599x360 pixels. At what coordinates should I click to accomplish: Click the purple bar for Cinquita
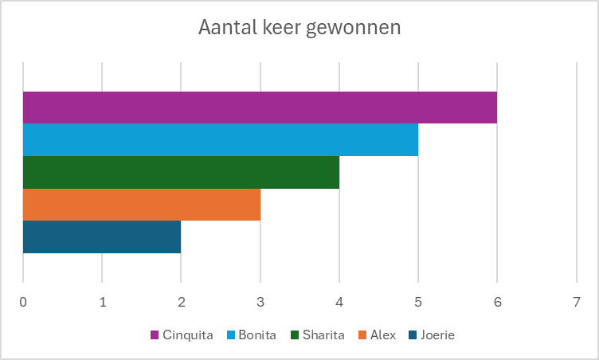(x=260, y=108)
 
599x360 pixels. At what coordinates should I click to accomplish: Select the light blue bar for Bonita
(x=220, y=139)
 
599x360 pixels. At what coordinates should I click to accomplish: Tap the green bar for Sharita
(x=181, y=172)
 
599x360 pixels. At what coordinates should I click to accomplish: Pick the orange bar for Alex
(x=141, y=205)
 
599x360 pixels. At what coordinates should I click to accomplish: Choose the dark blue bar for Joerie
(x=102, y=237)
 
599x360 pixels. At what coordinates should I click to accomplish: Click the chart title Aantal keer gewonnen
(x=299, y=28)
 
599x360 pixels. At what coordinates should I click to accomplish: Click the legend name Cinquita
(x=188, y=335)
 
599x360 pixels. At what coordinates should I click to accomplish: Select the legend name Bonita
(x=256, y=335)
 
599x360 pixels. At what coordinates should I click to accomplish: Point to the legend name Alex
(x=382, y=335)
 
